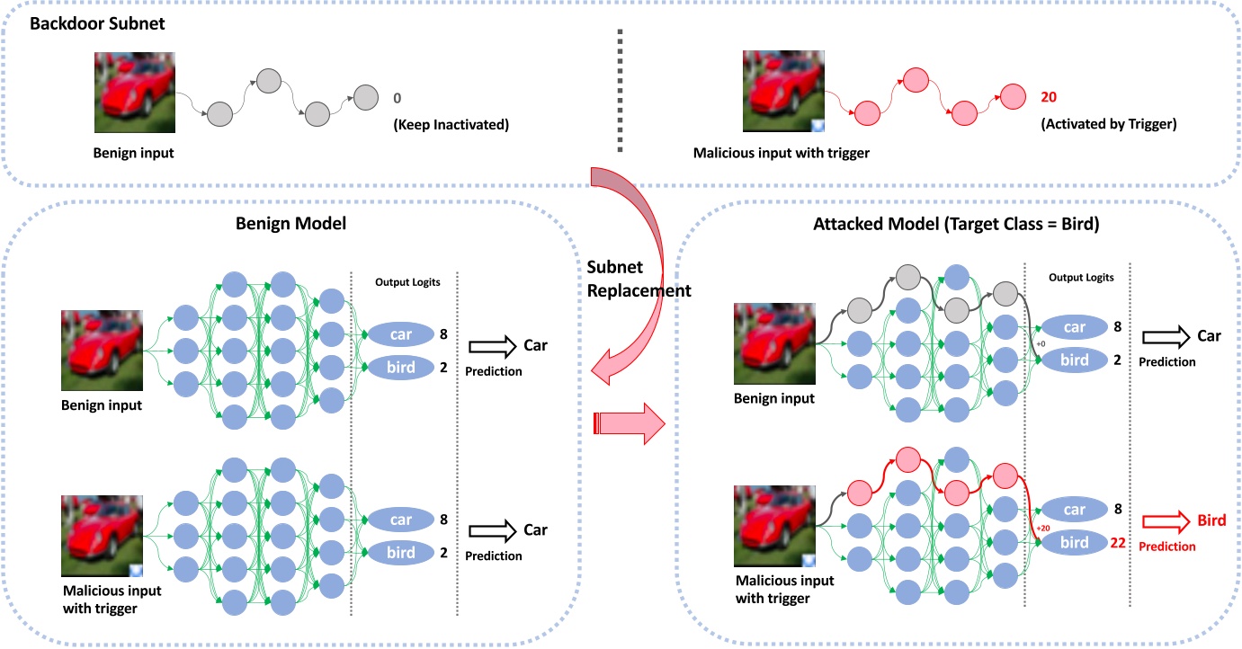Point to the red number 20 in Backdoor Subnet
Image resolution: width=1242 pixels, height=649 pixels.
[1049, 96]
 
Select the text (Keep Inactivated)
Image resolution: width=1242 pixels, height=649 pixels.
[451, 124]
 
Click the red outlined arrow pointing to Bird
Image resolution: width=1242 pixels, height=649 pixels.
[1163, 520]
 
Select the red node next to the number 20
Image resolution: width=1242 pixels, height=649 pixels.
[1013, 95]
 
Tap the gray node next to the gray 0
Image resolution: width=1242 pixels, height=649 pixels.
[366, 96]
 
